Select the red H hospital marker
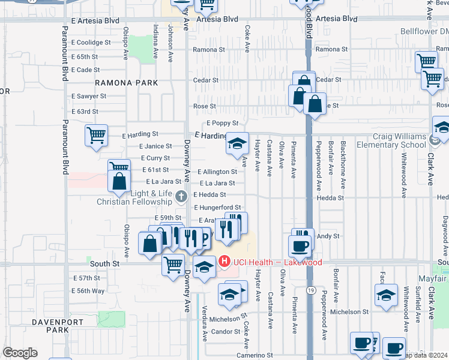pos(224,262)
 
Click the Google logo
pos(20,353)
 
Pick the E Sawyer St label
pos(89,96)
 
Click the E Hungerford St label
pos(218,208)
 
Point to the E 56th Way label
pos(89,290)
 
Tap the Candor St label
pos(226,331)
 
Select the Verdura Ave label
pos(205,323)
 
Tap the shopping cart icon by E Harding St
pos(96,136)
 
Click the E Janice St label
pos(155,146)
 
